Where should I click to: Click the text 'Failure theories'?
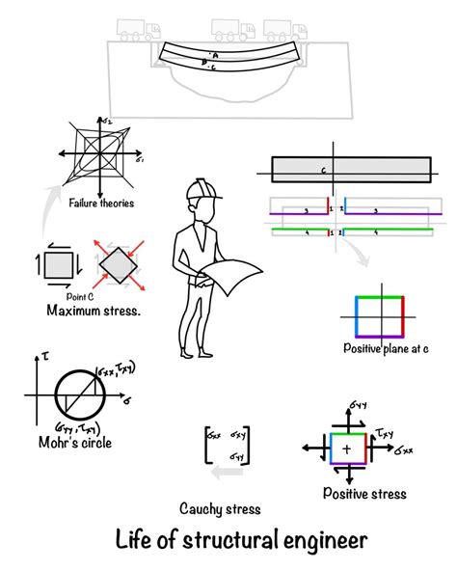(101, 203)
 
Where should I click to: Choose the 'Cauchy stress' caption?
(221, 508)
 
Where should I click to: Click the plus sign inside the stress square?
(346, 449)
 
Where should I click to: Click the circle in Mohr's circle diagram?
(83, 397)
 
